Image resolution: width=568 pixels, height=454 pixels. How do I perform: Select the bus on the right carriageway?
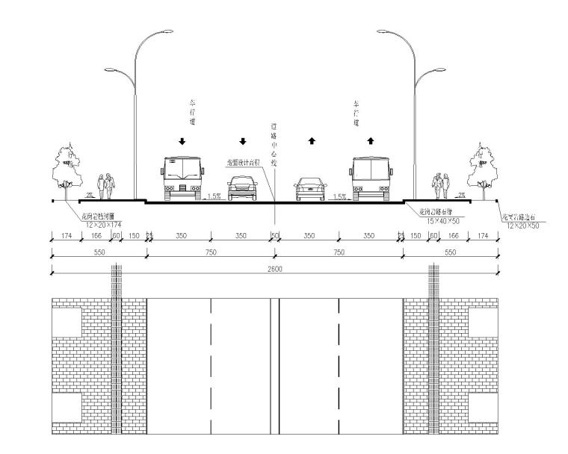[x=371, y=178]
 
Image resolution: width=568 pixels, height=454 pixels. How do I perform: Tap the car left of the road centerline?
[x=241, y=189]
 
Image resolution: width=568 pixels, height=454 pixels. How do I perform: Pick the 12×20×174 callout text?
[x=103, y=224]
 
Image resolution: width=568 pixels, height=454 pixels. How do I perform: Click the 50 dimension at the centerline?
[x=274, y=236]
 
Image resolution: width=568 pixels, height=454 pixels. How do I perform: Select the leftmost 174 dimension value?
[x=66, y=236]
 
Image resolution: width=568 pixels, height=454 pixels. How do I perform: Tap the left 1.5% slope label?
[x=214, y=196]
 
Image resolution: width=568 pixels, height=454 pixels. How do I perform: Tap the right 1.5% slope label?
[x=339, y=196]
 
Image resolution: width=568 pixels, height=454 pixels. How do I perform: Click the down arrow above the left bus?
[x=182, y=140]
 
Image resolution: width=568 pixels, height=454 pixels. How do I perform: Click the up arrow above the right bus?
[x=371, y=140]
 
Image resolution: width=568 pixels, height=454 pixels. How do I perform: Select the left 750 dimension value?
[x=210, y=252]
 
